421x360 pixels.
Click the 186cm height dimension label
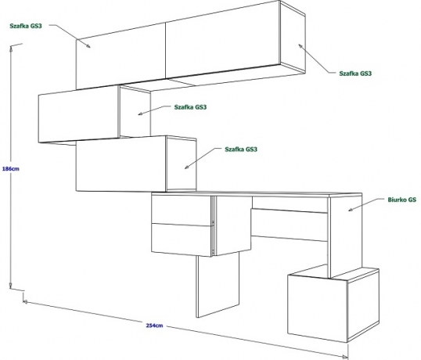11,169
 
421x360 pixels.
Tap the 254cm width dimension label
154,326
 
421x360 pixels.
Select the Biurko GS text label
402,200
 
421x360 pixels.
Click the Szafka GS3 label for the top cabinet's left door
26,26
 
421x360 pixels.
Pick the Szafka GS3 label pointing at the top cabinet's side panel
355,74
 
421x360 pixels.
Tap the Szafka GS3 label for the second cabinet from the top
190,107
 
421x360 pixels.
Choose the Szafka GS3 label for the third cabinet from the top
241,149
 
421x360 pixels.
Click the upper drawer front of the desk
182,211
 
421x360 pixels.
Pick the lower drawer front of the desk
182,239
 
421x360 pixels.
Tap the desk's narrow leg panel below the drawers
218,285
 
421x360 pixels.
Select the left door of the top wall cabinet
121,56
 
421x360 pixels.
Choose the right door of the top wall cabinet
223,39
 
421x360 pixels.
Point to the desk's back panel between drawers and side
290,225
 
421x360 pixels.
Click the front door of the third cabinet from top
121,164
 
